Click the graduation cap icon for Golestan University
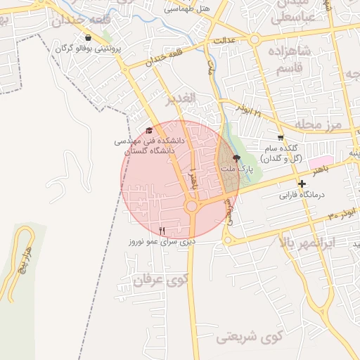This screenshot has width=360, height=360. (148, 130)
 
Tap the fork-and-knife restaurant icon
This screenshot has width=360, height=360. (162, 230)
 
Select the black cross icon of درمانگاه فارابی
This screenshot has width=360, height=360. (302, 184)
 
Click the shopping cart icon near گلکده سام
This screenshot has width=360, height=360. (281, 138)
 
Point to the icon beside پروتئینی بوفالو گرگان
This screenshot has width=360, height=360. (87, 37)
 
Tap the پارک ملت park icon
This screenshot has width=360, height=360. (236, 159)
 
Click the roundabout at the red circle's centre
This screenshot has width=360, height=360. (191, 206)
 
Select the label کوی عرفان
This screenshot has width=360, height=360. (152, 281)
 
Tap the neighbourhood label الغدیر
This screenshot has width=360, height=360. (180, 98)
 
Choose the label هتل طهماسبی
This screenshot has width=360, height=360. (186, 9)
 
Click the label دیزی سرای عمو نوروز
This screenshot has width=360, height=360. (161, 241)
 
